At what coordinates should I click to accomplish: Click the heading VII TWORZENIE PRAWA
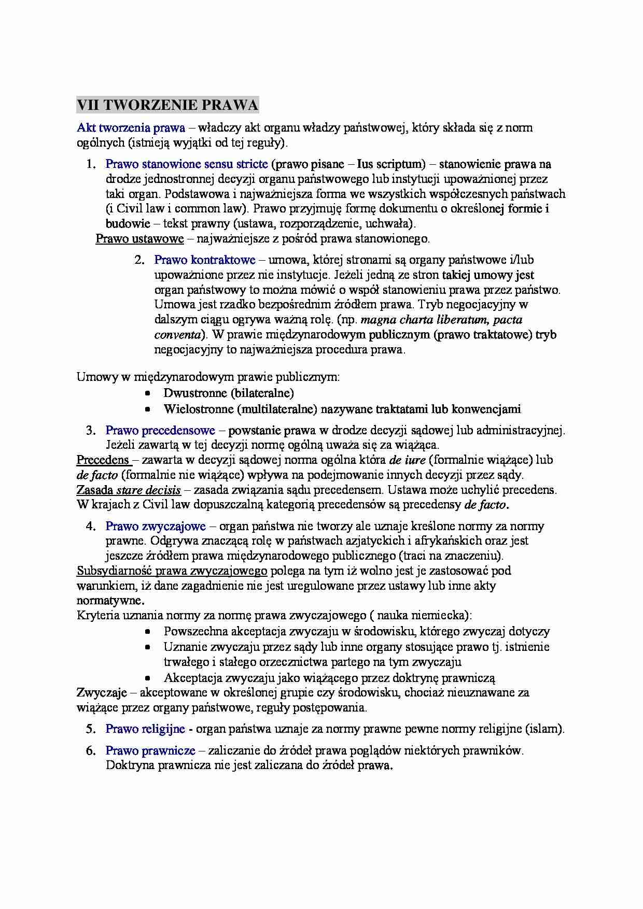click(x=167, y=105)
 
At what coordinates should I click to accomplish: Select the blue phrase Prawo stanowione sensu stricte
click(x=187, y=164)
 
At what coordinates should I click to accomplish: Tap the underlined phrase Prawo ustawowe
click(x=139, y=239)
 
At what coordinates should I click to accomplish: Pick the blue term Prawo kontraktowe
click(x=205, y=260)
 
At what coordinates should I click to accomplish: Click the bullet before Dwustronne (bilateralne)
click(x=148, y=393)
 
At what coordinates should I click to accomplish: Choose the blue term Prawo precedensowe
click(x=160, y=430)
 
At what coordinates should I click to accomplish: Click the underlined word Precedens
click(x=103, y=460)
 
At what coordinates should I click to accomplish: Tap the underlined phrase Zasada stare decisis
click(x=129, y=490)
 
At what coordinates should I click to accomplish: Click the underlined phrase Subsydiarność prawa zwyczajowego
click(x=172, y=571)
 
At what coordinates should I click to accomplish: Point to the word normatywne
click(x=109, y=601)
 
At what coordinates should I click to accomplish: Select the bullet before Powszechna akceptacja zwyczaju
click(x=148, y=632)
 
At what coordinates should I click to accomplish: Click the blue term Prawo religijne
click(x=145, y=729)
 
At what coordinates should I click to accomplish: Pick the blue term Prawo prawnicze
click(x=150, y=750)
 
